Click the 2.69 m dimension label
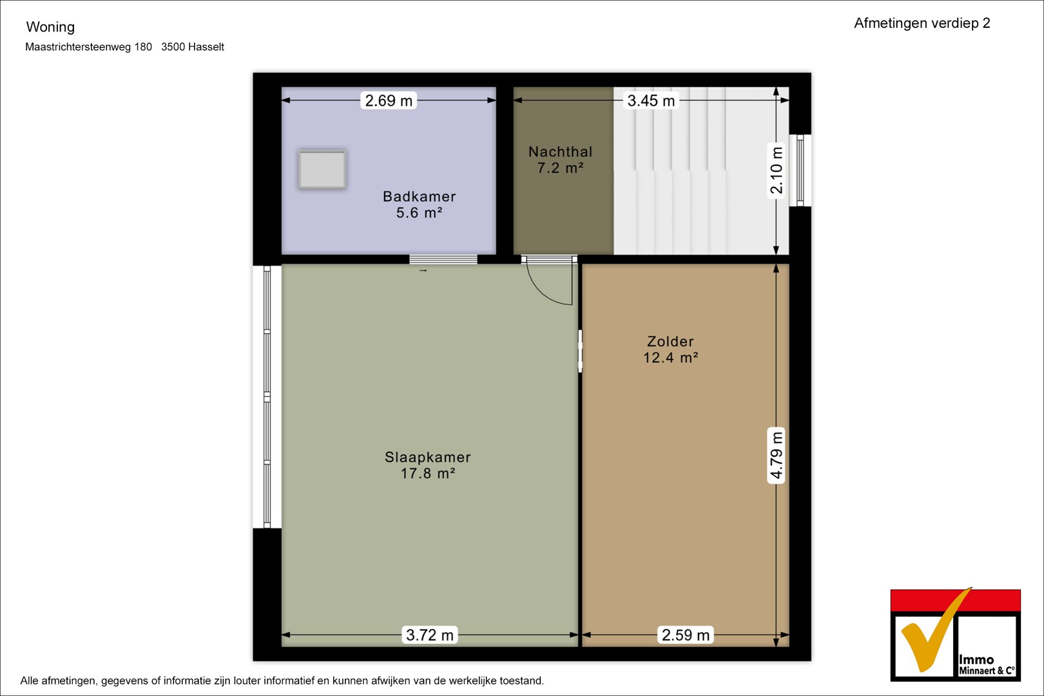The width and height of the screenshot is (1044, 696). coord(389,101)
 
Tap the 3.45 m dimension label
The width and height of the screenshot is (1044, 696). coord(651,101)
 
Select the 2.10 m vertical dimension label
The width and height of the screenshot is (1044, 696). coord(776,170)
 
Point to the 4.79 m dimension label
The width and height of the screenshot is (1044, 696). coord(776,456)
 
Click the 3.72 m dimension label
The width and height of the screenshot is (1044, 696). coord(430,635)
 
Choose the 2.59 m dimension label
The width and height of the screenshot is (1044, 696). coord(686,635)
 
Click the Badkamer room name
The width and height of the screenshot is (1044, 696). coord(420,197)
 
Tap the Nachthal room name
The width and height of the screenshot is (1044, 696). coord(560,151)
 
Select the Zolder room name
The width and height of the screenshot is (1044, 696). coord(670,342)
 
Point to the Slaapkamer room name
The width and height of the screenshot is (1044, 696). coord(428,457)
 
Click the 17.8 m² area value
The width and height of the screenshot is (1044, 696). coord(428,473)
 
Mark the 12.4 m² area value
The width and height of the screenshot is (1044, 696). coord(671,358)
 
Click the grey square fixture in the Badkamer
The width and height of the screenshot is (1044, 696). coord(322,169)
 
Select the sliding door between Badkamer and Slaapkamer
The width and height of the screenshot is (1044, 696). coord(443,260)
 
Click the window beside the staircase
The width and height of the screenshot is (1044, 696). coord(800,170)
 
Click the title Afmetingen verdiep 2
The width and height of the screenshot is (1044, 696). coord(922,23)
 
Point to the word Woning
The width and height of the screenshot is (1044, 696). coord(50,27)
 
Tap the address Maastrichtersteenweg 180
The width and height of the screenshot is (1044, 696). coord(88,47)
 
